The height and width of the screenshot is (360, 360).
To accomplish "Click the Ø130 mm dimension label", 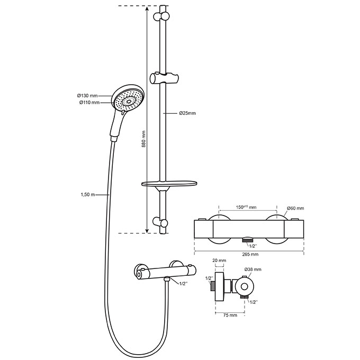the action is (x=87, y=95).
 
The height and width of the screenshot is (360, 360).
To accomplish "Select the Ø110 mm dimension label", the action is (x=89, y=103).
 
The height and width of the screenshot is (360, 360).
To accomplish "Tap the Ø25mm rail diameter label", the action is (x=187, y=113).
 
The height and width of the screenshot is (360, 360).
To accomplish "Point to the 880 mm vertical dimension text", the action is (x=143, y=139).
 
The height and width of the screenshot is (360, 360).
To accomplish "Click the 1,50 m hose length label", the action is (x=88, y=195).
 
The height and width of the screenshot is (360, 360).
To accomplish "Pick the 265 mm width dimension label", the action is (x=250, y=254).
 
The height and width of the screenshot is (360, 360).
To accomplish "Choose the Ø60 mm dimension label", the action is (x=295, y=208).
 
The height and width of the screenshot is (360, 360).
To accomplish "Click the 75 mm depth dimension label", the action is (x=230, y=315).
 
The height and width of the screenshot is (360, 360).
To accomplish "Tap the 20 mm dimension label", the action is (x=219, y=260).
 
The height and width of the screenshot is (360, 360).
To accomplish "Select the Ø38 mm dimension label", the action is (x=253, y=269).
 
